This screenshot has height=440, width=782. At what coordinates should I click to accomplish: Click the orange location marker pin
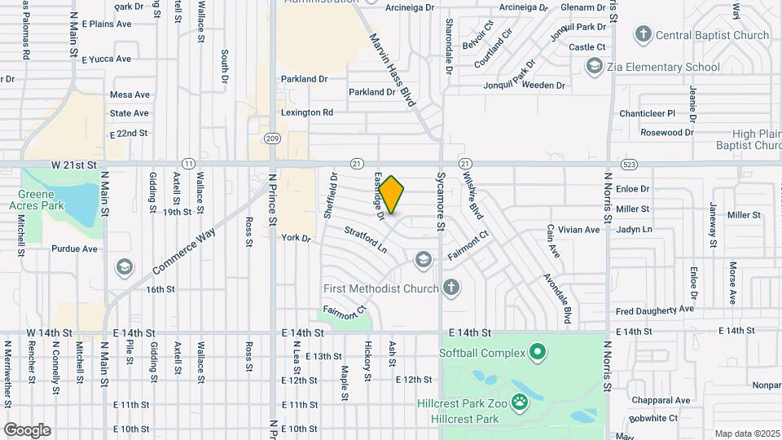[x=392, y=195]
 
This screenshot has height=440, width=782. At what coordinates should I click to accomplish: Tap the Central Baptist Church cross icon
[x=644, y=35]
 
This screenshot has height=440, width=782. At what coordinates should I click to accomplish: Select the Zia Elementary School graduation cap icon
[x=595, y=67]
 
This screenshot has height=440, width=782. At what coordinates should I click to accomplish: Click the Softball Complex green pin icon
[x=537, y=353]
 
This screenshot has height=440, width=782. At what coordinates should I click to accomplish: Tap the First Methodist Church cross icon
[x=451, y=288]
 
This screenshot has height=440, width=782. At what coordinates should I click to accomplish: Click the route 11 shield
[x=188, y=164]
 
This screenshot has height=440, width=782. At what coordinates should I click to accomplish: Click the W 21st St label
[x=74, y=165]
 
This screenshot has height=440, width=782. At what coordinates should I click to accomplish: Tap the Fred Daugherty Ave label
[x=654, y=310]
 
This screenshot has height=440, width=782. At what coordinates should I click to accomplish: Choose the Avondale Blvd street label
[x=559, y=297]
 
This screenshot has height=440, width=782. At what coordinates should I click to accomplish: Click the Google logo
[x=27, y=429]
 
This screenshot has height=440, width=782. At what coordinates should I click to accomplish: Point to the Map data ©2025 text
[x=746, y=433]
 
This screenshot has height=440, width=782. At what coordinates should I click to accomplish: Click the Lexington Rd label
[x=307, y=112]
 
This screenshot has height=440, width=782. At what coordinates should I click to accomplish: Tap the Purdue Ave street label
[x=74, y=249]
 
